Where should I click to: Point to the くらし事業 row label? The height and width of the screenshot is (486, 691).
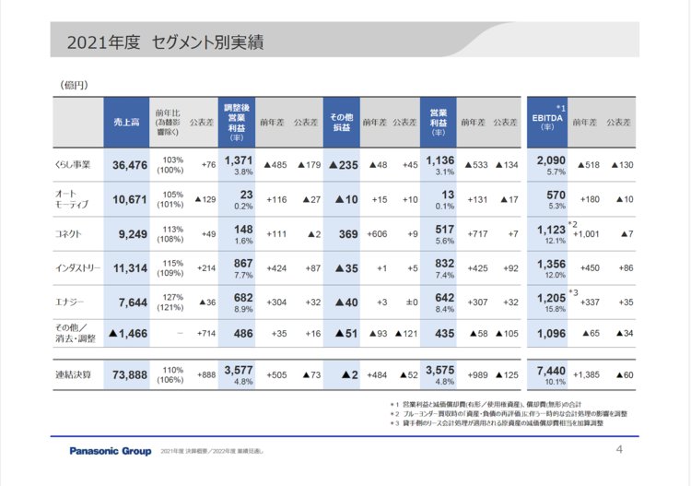pyautogui.click(x=73, y=165)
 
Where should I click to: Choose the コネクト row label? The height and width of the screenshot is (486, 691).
pyautogui.click(x=69, y=234)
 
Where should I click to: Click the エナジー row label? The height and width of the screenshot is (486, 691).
pyautogui.click(x=69, y=302)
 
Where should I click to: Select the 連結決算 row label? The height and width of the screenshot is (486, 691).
pyautogui.click(x=73, y=374)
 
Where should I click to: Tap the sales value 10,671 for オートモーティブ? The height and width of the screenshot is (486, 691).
pyautogui.click(x=129, y=199)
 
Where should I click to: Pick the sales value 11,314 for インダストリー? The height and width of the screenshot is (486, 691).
pyautogui.click(x=129, y=268)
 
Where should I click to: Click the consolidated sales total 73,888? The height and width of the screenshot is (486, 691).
pyautogui.click(x=129, y=374)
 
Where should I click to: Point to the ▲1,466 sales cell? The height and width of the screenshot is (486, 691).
pyautogui.click(x=128, y=333)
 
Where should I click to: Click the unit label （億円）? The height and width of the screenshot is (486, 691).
pyautogui.click(x=74, y=85)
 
